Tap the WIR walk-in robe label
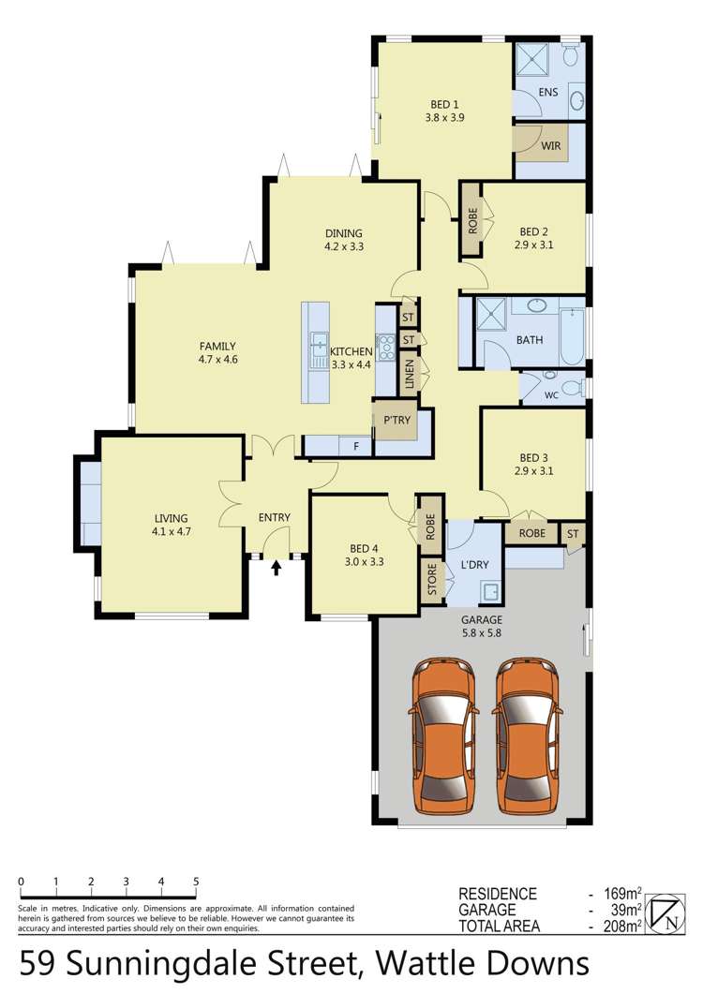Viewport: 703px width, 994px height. pos(551,144)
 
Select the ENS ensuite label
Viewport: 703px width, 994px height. pos(547,91)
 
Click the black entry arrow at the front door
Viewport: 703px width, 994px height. pos(277,566)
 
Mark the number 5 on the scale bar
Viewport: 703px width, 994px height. pos(196,882)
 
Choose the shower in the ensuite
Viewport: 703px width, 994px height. pos(531,59)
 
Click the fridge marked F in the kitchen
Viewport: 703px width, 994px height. pos(355,446)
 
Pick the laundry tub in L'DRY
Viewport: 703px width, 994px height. pos(488,592)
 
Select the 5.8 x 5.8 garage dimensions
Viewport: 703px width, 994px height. pos(483,633)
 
